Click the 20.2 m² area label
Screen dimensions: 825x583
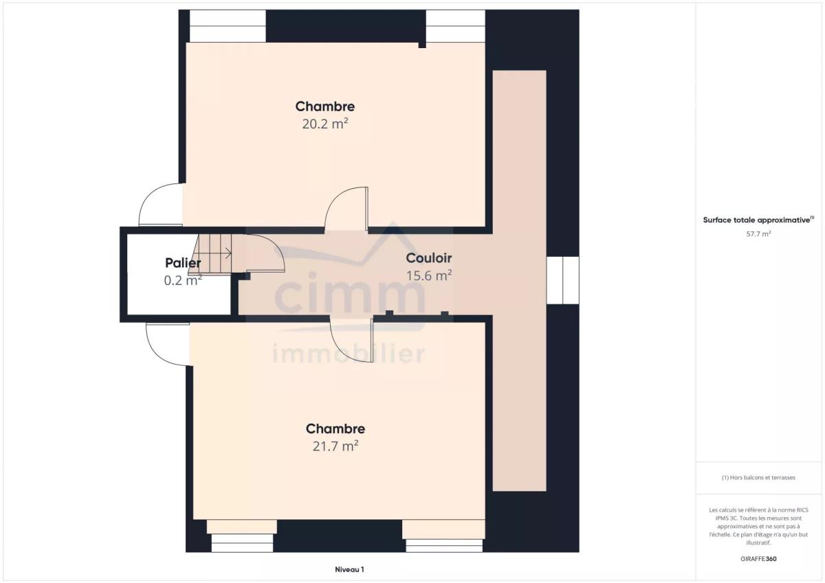tap(325, 124)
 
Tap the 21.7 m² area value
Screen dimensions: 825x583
tap(335, 446)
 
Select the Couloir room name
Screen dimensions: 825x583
tap(429, 258)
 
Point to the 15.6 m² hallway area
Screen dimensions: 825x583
tap(429, 275)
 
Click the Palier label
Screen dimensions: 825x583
tap(183, 263)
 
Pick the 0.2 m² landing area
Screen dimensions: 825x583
tap(183, 280)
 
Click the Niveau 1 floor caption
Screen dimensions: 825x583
tap(349, 569)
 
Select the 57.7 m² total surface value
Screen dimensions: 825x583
tap(758, 233)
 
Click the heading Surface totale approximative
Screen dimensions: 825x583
tap(758, 220)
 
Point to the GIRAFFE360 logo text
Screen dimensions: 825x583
tap(758, 559)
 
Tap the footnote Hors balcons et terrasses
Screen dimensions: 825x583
tap(758, 477)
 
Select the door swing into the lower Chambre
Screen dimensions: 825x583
tap(351, 339)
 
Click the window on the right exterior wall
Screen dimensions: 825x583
tap(562, 280)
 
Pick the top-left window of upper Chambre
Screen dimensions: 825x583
tap(228, 25)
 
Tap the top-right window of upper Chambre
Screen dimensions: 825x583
tap(456, 25)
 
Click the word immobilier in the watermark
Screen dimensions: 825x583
tap(349, 354)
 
